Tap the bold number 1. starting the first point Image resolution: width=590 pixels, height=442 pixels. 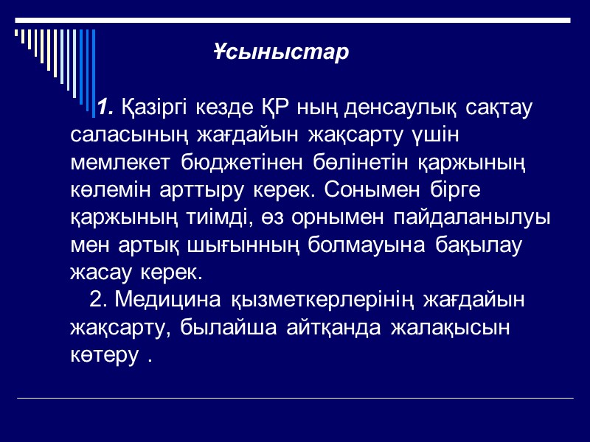point(105,108)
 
